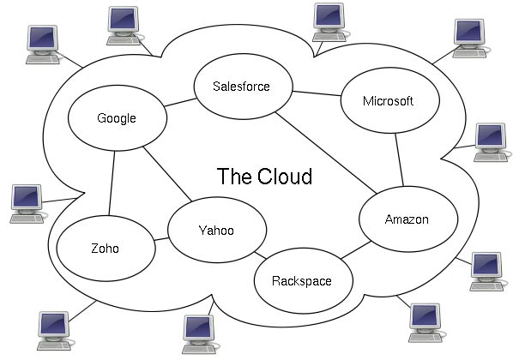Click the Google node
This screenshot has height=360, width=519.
coord(116,118)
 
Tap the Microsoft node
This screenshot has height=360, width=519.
coord(388,101)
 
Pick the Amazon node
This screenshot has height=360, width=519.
coord(406,219)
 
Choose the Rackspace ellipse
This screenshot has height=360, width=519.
coord(301,280)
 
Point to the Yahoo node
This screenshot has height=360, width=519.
coord(215,231)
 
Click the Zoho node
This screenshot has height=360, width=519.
coord(105,249)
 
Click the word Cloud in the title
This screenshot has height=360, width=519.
coord(282,177)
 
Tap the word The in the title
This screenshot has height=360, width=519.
coord(232,177)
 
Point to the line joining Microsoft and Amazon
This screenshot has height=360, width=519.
coord(400,159)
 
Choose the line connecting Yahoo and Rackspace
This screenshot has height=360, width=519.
coord(262,255)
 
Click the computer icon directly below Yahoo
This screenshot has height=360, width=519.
coord(198,331)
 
